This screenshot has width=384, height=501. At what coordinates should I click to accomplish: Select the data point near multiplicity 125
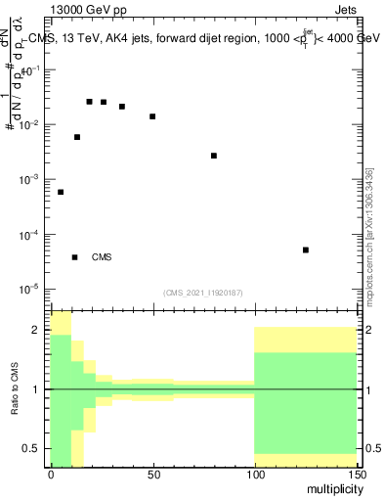click(x=306, y=250)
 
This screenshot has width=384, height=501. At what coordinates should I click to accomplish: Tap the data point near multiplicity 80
click(x=214, y=156)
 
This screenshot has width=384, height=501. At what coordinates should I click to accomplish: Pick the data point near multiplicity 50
click(x=152, y=116)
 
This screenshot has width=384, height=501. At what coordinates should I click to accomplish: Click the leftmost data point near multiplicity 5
click(x=61, y=192)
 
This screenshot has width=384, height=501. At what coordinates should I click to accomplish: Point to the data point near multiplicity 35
click(x=121, y=107)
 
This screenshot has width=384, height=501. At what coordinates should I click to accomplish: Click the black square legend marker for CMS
click(x=75, y=257)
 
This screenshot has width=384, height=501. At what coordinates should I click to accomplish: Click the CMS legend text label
click(x=102, y=257)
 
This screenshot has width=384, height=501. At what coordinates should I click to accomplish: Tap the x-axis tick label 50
click(x=152, y=475)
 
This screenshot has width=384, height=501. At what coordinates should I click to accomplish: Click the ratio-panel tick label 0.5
click(x=35, y=448)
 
